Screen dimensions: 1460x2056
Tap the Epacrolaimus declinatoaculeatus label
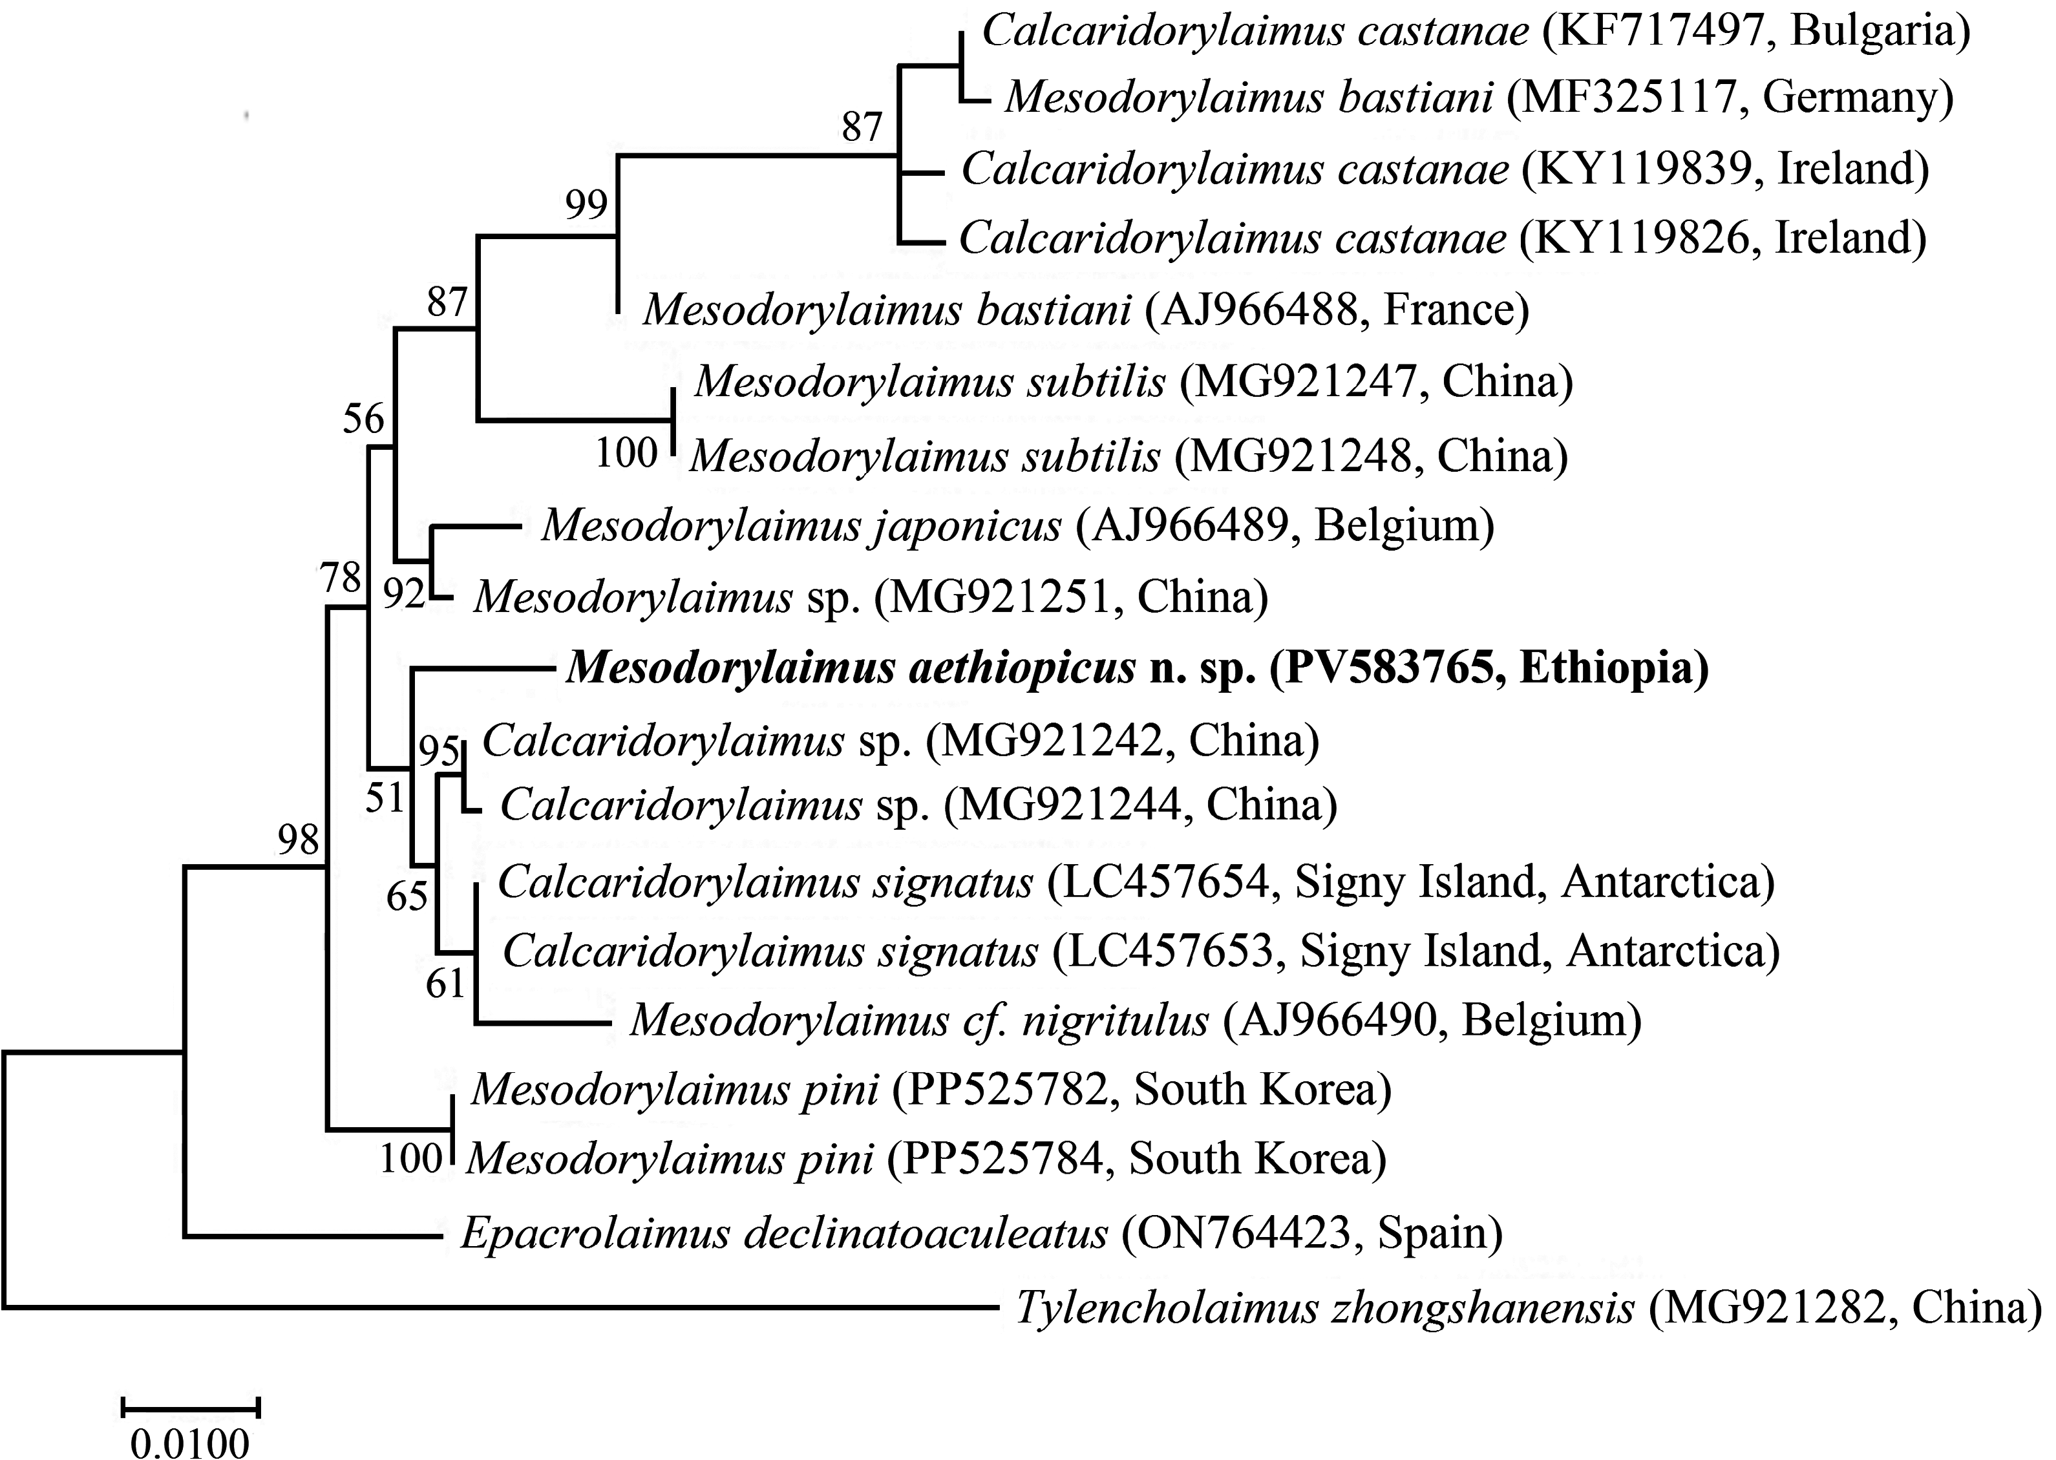pyautogui.click(x=783, y=1233)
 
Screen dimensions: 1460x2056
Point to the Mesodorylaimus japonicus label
pyautogui.click(x=801, y=525)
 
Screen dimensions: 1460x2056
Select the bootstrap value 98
pyautogui.click(x=297, y=840)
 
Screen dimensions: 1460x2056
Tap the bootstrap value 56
pyautogui.click(x=363, y=419)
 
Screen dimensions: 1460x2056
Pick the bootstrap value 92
pyautogui.click(x=404, y=593)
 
